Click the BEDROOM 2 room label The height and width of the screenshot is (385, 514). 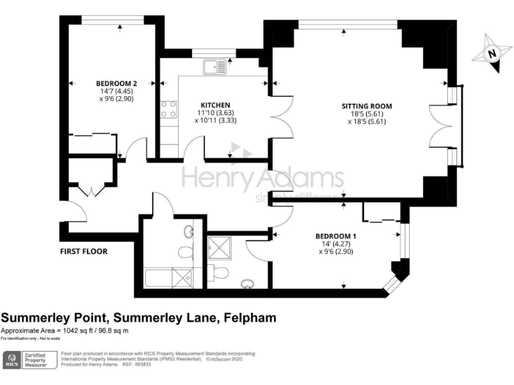coord(112,84)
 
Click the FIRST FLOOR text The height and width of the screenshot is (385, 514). coord(83,251)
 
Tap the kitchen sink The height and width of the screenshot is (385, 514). coord(216,66)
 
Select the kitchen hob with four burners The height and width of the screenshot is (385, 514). coord(169,109)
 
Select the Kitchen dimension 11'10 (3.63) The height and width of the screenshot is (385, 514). coord(216,113)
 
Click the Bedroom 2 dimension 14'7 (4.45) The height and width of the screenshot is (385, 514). coord(112,91)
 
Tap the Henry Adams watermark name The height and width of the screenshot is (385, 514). coord(263,179)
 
